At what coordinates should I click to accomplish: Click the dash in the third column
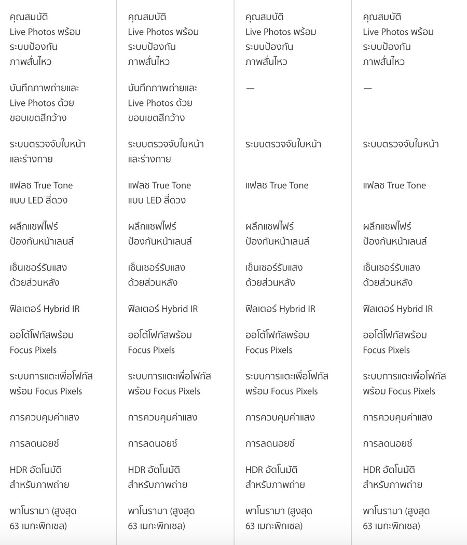click(x=250, y=88)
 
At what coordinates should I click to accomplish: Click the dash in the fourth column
click(x=367, y=88)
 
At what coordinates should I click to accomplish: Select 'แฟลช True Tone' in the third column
click(x=277, y=185)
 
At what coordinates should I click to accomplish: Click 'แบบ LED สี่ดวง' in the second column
click(x=157, y=200)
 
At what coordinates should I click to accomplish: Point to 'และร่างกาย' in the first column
click(x=31, y=159)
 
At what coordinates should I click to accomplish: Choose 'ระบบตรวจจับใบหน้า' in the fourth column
click(x=401, y=144)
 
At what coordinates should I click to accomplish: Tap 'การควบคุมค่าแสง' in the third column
click(x=280, y=417)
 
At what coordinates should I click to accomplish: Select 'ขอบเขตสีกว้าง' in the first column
click(x=38, y=118)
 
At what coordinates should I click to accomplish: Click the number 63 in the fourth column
click(x=368, y=526)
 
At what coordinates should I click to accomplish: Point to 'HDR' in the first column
click(x=18, y=470)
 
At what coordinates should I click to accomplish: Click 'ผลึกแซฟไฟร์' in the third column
click(x=269, y=226)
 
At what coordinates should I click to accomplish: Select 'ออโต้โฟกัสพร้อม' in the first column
click(x=42, y=335)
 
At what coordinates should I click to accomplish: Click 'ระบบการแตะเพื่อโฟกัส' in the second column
click(x=169, y=376)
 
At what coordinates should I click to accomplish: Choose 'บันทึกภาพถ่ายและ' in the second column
click(x=162, y=88)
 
